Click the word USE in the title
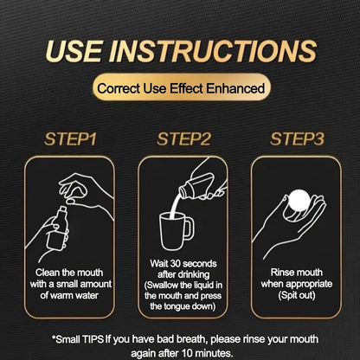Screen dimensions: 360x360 click(x=74, y=51)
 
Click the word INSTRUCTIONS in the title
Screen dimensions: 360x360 click(x=213, y=51)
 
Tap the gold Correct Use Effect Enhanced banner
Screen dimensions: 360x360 click(x=181, y=87)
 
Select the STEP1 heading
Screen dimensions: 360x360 click(x=70, y=139)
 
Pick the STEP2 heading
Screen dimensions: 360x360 click(x=183, y=139)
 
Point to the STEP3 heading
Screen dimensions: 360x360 click(x=297, y=139)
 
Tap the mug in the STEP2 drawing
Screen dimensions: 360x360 click(x=177, y=231)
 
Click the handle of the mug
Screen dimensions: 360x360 click(x=189, y=228)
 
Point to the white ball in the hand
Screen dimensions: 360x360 click(x=299, y=201)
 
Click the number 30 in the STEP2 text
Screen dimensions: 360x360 click(x=176, y=263)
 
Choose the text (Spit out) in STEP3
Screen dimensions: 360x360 click(x=297, y=295)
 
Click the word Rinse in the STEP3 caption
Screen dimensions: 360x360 click(x=281, y=273)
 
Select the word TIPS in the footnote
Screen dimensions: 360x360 click(x=93, y=339)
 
